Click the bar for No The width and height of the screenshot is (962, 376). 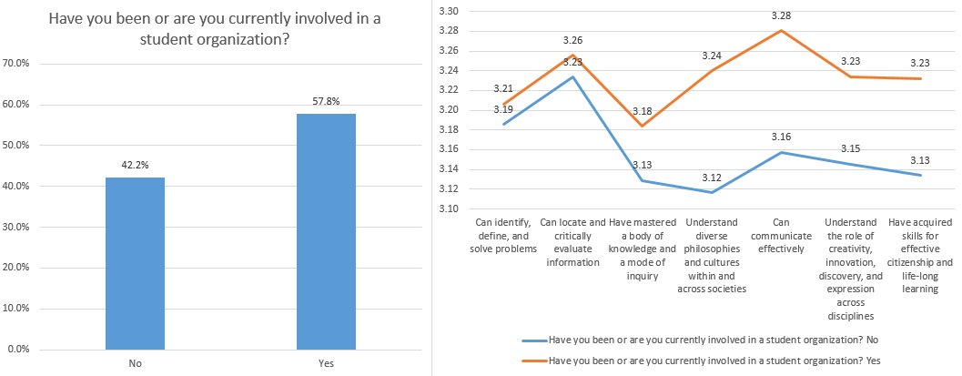(x=135, y=263)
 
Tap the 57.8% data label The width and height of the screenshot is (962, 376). (x=326, y=102)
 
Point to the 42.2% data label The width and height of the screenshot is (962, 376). (x=135, y=166)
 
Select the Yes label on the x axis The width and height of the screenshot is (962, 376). (x=326, y=362)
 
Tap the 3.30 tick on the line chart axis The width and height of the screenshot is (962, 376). (x=448, y=11)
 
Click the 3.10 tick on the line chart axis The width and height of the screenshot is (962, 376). (x=448, y=208)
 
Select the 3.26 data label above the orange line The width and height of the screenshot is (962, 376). (x=572, y=40)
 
